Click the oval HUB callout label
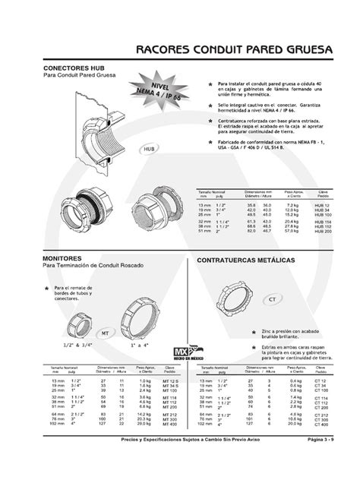(x=149, y=150)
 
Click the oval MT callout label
(x=105, y=332)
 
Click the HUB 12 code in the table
(x=322, y=205)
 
